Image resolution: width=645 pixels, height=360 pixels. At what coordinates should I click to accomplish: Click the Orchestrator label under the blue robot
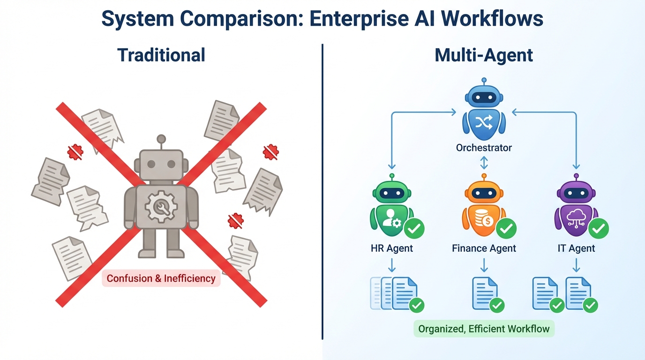[x=484, y=148]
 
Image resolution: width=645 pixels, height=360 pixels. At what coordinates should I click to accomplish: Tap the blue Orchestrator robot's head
[x=484, y=97]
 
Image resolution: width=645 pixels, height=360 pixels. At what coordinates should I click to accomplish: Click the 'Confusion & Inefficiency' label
[x=161, y=278]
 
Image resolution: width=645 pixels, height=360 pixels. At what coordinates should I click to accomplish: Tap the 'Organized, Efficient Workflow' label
[x=484, y=329]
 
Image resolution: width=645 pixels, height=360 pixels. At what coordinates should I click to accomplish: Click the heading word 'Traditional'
[x=161, y=55]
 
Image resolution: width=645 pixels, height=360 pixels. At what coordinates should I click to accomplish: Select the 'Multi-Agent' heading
[x=484, y=55]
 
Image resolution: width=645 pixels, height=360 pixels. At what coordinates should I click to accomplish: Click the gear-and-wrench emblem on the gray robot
[x=161, y=206]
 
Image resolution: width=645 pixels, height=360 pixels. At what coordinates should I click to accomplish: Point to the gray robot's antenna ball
[x=161, y=139]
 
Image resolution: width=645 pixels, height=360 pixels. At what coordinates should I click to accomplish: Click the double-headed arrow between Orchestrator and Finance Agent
[x=484, y=163]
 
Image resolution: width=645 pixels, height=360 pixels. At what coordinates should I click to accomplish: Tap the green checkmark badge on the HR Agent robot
[x=414, y=228]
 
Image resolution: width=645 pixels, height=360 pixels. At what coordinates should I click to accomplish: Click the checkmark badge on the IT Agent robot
[x=598, y=228]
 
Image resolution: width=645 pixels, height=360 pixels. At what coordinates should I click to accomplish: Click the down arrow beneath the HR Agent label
[x=392, y=266]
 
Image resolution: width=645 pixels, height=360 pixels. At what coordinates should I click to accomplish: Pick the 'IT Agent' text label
[x=576, y=248]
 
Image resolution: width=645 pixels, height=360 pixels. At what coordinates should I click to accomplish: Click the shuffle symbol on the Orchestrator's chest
[x=484, y=123]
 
